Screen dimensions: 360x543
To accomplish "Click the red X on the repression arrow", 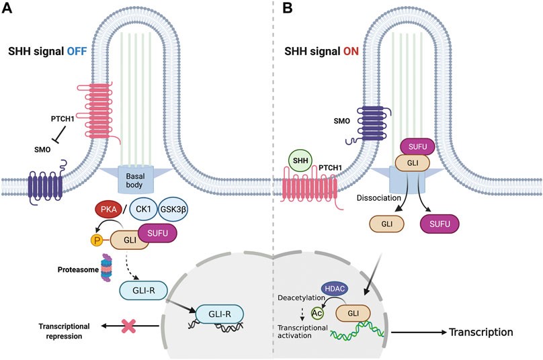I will [127, 326].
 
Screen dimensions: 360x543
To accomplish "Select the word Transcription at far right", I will [481, 332].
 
